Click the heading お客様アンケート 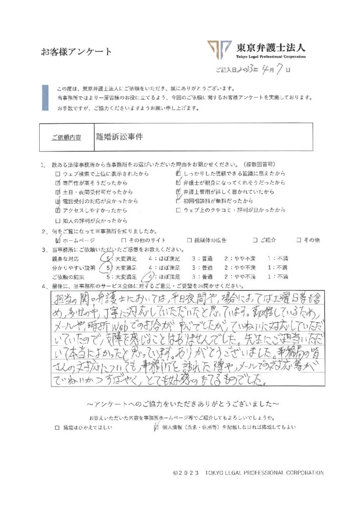click(77, 52)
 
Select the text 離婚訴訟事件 click(119, 136)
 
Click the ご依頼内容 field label click(66, 137)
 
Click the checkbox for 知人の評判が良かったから click(58, 220)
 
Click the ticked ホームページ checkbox click(58, 240)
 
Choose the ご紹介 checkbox click(256, 240)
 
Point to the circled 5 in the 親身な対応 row click(104, 259)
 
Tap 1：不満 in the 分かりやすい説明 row click(278, 268)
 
